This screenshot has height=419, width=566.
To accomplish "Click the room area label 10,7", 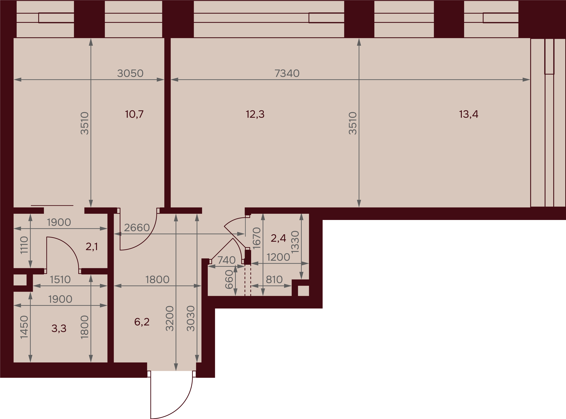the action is click(134, 114).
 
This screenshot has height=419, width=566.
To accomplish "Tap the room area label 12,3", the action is click(255, 114).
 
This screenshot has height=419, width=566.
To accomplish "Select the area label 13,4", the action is click(469, 114).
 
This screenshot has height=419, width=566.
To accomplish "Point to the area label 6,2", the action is click(142, 322).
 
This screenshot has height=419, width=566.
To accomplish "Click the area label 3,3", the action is click(59, 328).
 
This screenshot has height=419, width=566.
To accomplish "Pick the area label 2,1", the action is click(92, 247).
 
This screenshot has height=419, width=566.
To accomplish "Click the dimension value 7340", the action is click(287, 73).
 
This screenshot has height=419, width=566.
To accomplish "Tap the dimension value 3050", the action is click(130, 73).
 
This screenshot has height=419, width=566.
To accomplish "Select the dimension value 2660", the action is click(137, 228).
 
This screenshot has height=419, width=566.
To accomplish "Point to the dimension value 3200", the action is click(170, 319).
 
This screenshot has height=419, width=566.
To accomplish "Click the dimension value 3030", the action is click(191, 319).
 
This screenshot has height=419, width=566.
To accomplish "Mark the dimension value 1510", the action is click(60, 280).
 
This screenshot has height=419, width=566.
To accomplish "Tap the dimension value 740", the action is click(226, 260).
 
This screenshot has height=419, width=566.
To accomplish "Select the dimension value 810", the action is click(274, 280).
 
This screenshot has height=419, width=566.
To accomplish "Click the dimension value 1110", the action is click(24, 245).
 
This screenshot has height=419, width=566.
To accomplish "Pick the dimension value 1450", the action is click(24, 327).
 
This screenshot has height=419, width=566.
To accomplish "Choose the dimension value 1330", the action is click(295, 242).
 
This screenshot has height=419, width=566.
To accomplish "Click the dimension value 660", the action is click(229, 280).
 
